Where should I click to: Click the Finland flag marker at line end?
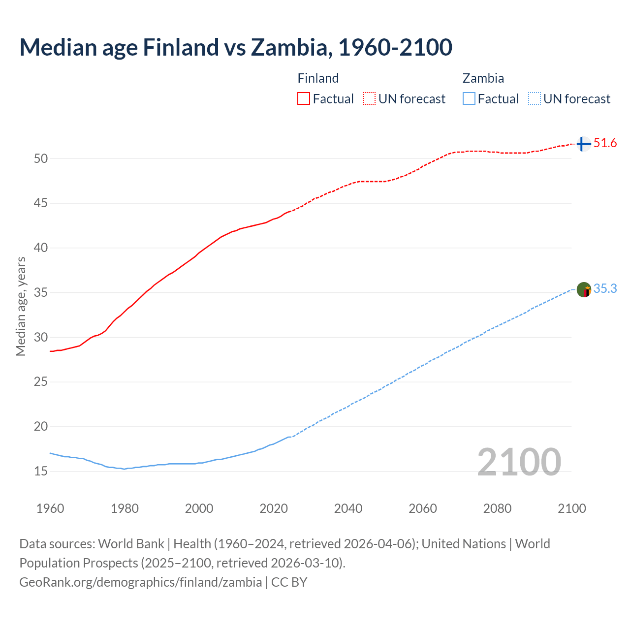(583, 144)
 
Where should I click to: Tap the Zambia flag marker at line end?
(584, 290)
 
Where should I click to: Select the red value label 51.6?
(605, 143)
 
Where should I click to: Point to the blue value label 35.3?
(605, 289)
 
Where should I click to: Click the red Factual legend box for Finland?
(304, 99)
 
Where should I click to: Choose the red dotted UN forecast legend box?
(369, 99)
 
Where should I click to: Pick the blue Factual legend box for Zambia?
(469, 99)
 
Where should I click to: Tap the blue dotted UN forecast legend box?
(535, 99)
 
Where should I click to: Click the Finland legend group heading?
(318, 78)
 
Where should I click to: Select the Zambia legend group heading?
(483, 78)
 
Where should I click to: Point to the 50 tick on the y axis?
(41, 158)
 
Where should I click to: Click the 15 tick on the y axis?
(41, 472)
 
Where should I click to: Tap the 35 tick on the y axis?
(41, 293)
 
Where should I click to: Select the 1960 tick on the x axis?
(50, 508)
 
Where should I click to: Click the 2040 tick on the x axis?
(348, 508)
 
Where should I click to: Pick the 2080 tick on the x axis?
(497, 508)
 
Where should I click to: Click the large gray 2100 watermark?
(519, 462)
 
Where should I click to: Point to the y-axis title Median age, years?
(21, 306)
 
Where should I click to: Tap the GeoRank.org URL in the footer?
(140, 582)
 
